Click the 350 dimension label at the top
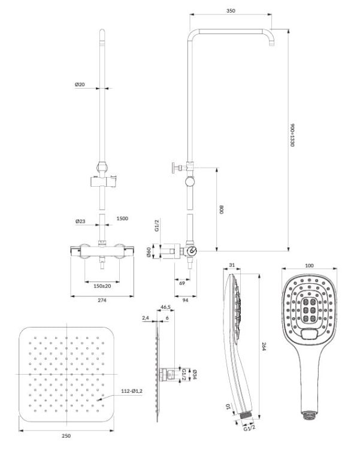click(231, 11)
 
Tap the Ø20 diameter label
click(80, 84)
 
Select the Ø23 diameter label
click(80, 222)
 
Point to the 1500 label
click(122, 219)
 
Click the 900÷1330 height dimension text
click(292, 135)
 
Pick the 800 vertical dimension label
click(220, 210)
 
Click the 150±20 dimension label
click(102, 286)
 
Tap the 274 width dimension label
click(102, 300)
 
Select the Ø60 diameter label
click(149, 252)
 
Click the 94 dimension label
click(186, 300)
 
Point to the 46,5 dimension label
click(165, 307)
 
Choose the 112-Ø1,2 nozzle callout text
click(132, 391)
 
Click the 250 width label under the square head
click(66, 436)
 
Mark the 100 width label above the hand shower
click(309, 265)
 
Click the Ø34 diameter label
click(194, 375)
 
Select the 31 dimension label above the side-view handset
click(232, 265)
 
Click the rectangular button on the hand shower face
click(310, 334)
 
